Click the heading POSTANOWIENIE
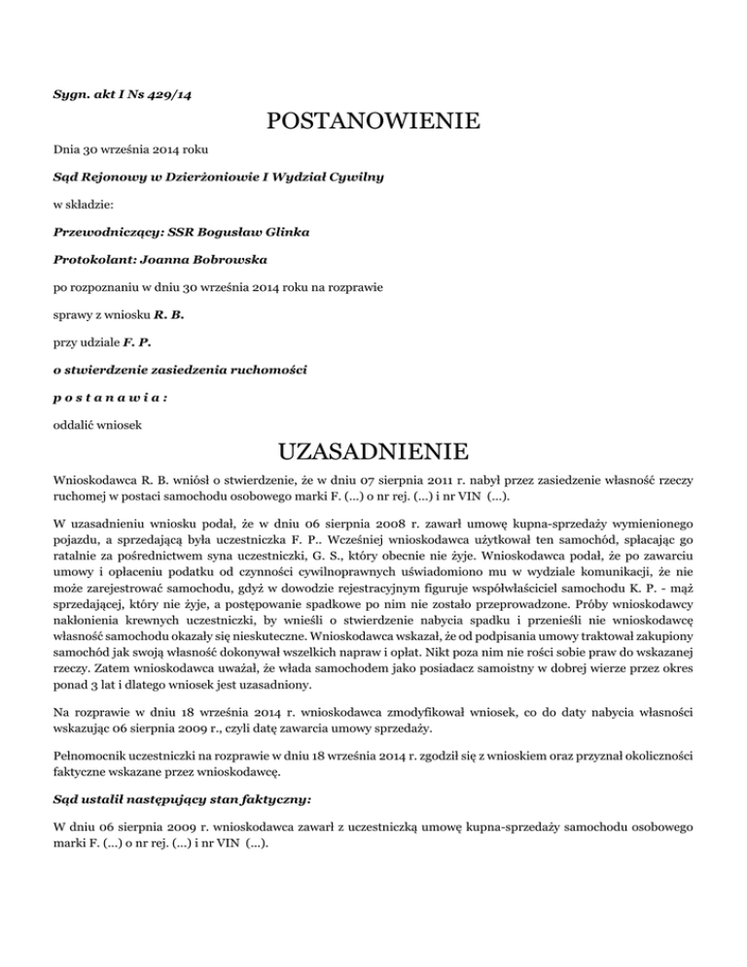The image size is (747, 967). (373, 124)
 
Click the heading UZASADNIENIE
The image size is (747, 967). (373, 454)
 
